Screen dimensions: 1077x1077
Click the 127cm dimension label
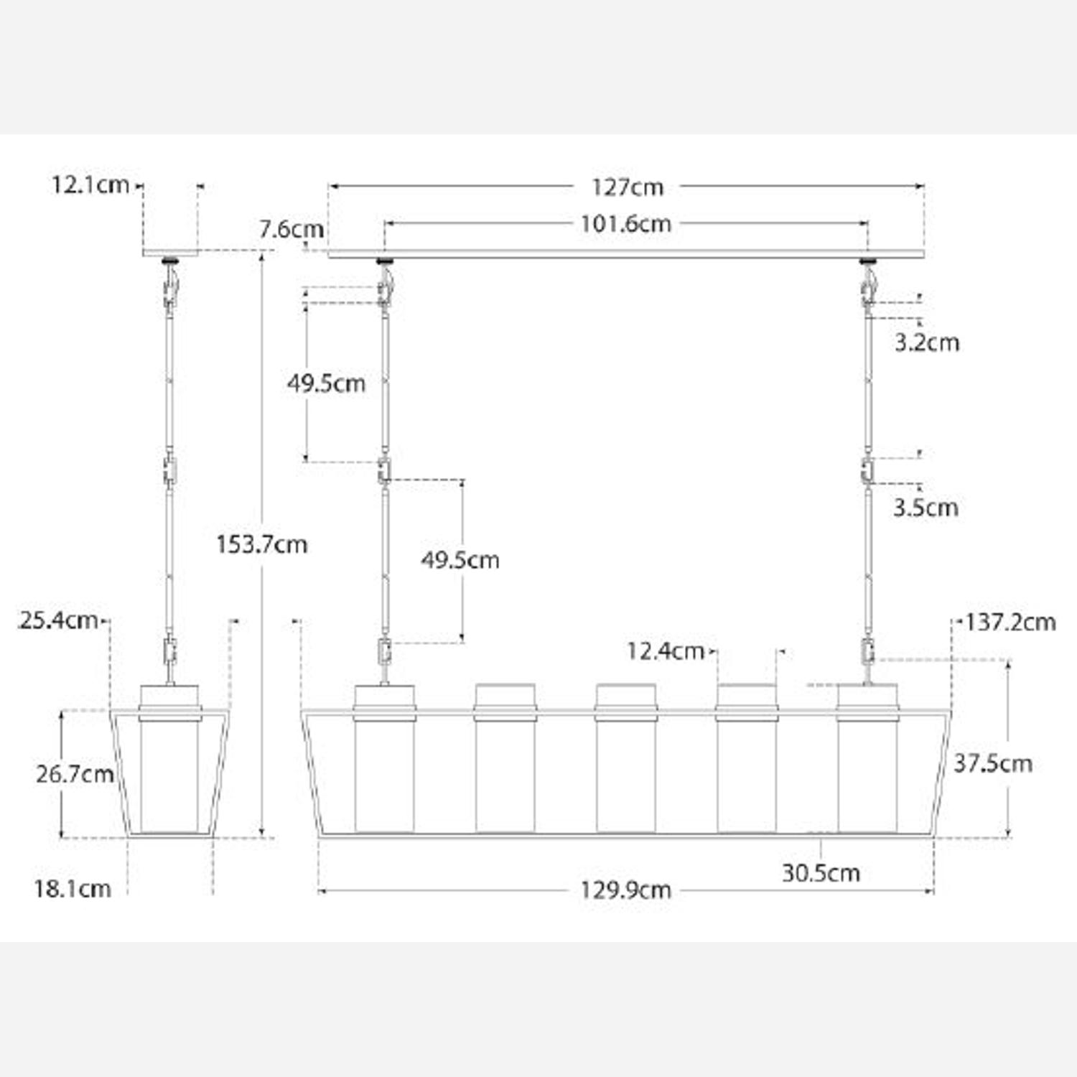tap(626, 187)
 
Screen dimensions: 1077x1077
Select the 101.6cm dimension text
tap(625, 224)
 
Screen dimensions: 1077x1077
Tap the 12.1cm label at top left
tap(90, 185)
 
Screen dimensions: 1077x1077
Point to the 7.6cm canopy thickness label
tap(291, 230)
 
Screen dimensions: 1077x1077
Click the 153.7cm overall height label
tap(261, 545)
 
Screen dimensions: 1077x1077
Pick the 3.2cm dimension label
tap(926, 342)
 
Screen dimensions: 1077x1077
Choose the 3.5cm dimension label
tap(926, 508)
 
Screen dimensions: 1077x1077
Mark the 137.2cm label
tap(1010, 622)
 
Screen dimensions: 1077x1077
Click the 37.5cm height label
tap(992, 763)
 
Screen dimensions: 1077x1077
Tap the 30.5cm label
tap(821, 873)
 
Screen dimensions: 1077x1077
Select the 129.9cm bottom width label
tap(625, 890)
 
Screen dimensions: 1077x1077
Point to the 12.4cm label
tap(665, 651)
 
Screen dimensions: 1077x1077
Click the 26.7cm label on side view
tap(75, 774)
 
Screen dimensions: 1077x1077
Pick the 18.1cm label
tap(73, 889)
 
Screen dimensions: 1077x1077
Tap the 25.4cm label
tap(59, 620)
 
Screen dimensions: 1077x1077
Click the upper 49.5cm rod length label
tap(326, 383)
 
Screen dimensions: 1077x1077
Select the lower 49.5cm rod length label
tap(460, 560)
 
